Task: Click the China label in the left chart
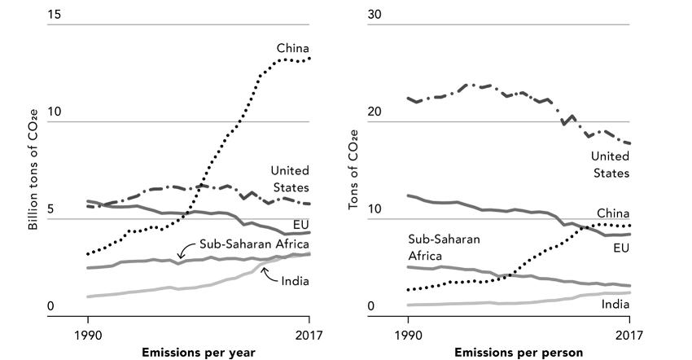(x=293, y=48)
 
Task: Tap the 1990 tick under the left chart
(x=88, y=334)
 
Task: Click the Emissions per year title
(x=199, y=352)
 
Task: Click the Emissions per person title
(x=518, y=352)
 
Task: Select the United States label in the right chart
(x=610, y=164)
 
